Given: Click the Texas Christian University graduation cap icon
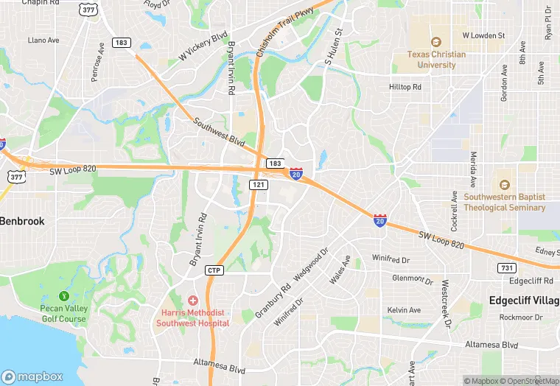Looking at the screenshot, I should (435, 42).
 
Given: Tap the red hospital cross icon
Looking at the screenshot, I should (193, 300).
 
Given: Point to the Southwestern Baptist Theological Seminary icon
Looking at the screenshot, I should (505, 185).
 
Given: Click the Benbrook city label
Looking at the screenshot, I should (22, 221).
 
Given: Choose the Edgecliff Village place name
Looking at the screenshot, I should (524, 301).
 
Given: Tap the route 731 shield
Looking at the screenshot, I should (506, 268).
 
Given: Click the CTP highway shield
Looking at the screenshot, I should (214, 270).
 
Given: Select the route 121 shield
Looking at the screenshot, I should (258, 184).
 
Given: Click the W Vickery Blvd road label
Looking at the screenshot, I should (203, 46).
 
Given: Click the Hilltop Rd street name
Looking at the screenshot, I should (405, 87).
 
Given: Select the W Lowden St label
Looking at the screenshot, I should (483, 35).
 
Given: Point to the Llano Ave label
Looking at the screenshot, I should (43, 40).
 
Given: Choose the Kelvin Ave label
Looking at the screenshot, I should (404, 310).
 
